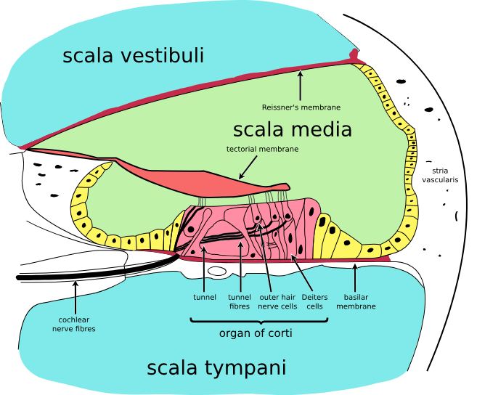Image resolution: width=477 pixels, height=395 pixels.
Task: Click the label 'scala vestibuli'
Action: [x=133, y=56]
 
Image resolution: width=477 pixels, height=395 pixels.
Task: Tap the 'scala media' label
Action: [x=292, y=130]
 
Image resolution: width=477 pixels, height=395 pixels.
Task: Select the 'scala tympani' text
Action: [x=216, y=367]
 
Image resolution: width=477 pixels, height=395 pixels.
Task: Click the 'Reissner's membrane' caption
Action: [x=301, y=107]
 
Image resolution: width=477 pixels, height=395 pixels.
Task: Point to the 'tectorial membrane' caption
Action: [x=262, y=149]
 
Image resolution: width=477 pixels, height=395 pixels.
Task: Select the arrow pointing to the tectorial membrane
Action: [x=248, y=168]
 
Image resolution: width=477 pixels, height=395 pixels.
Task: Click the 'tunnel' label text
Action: [x=205, y=297]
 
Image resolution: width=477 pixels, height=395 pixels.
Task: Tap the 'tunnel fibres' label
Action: [x=240, y=301]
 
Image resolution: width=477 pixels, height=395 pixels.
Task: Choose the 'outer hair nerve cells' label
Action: [x=278, y=301]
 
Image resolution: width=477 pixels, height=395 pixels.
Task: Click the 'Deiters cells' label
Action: [x=314, y=301]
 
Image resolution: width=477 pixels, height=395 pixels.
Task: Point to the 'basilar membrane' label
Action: [x=356, y=301]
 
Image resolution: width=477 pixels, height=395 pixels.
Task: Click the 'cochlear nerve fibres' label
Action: [x=74, y=324]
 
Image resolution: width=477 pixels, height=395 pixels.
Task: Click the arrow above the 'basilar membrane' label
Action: [x=355, y=276]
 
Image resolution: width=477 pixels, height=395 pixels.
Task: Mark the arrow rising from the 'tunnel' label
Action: [x=205, y=269]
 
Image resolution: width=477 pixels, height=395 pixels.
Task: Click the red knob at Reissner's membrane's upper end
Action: [x=354, y=54]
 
